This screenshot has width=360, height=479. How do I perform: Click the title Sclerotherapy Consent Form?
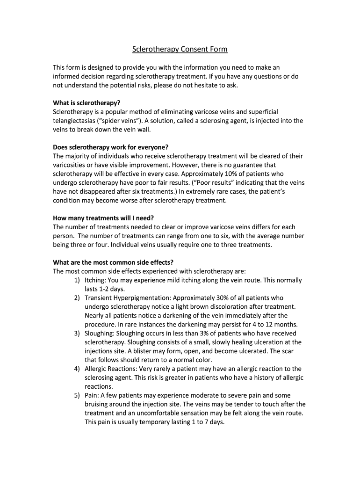180,49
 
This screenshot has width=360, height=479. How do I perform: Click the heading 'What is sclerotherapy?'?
90,103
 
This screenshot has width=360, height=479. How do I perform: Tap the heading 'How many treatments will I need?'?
103,218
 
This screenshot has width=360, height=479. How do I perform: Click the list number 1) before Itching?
77,280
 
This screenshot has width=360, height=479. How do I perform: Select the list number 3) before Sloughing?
77,334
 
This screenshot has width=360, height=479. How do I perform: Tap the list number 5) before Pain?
77,395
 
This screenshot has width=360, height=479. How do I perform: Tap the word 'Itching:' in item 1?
95,280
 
